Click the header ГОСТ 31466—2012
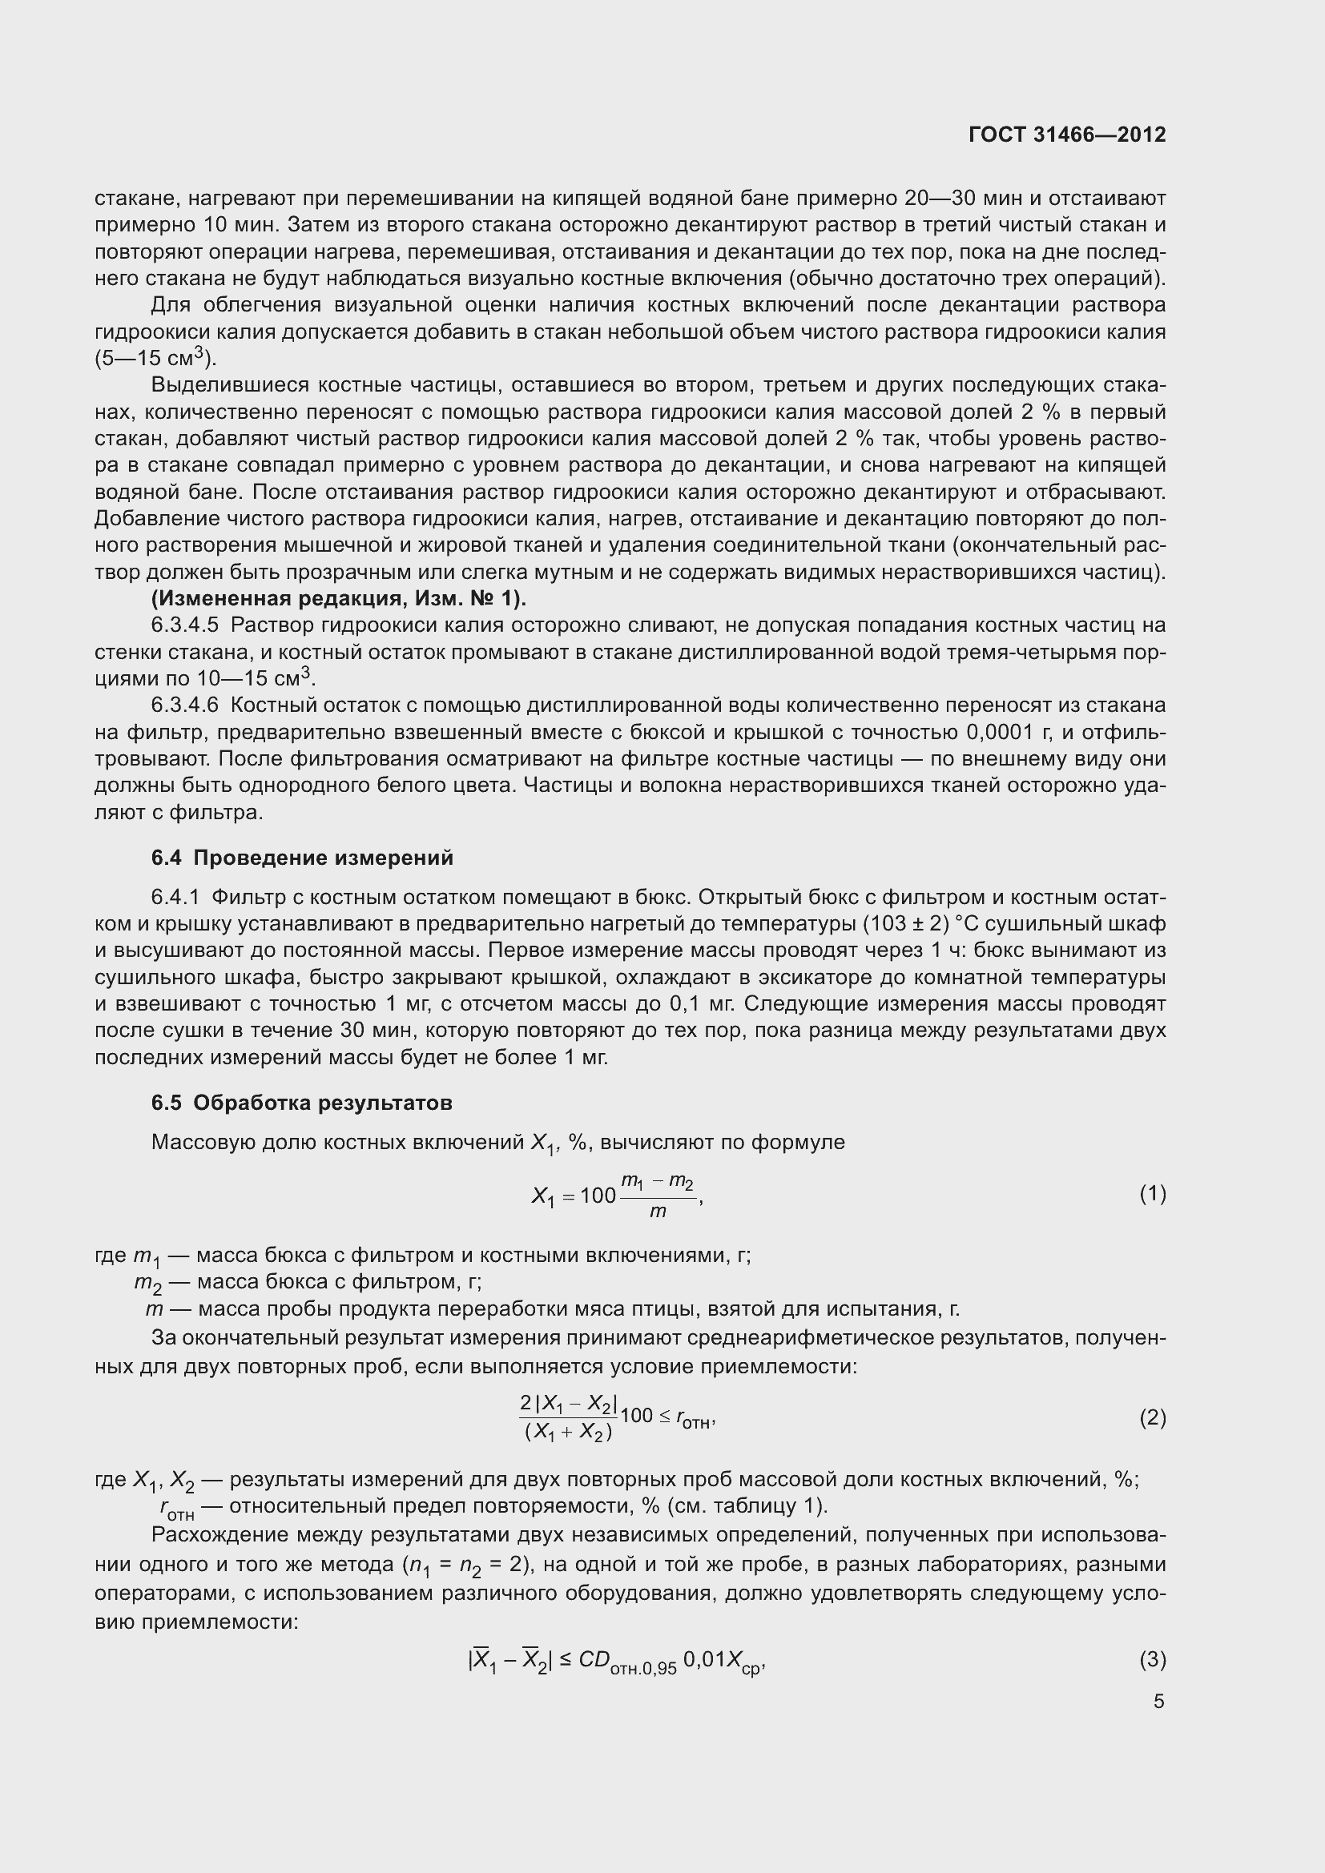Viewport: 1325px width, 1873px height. click(x=1067, y=135)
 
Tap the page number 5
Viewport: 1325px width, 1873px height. click(x=1158, y=1701)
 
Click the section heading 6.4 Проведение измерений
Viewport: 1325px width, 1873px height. click(x=302, y=858)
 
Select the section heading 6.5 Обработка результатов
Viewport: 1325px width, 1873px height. click(x=302, y=1103)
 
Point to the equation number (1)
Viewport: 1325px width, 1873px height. click(x=1152, y=1194)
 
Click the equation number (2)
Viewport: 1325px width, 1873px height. click(x=1152, y=1418)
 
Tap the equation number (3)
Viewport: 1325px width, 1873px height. click(x=1152, y=1659)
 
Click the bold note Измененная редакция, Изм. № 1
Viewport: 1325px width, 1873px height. click(x=339, y=599)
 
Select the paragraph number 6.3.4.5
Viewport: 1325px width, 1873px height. click(x=185, y=625)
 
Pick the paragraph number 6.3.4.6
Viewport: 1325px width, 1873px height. click(x=185, y=705)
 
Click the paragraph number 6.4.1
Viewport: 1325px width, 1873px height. click(x=175, y=898)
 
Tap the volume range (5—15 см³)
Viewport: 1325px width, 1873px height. click(x=156, y=358)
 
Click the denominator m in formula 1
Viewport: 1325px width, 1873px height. click(x=658, y=1212)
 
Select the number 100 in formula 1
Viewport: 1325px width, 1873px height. click(x=598, y=1196)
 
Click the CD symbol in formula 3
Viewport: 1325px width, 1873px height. click(x=594, y=1659)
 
